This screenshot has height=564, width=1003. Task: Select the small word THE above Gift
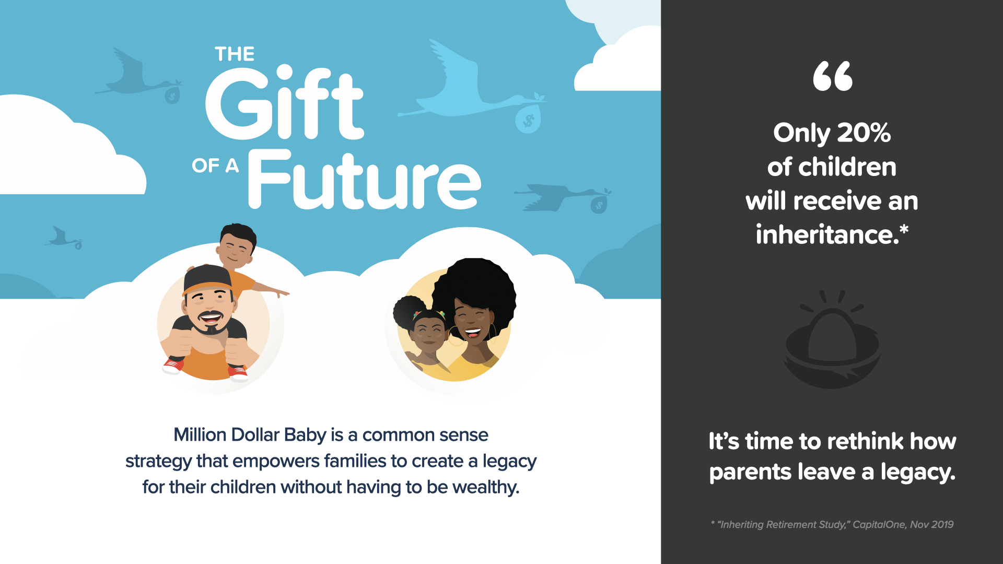[x=235, y=54]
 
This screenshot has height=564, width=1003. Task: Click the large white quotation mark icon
[x=833, y=76]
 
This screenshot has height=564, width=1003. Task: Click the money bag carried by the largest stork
[x=528, y=118]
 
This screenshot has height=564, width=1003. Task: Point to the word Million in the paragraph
[x=200, y=434]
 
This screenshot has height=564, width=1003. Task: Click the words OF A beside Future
[x=215, y=166]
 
